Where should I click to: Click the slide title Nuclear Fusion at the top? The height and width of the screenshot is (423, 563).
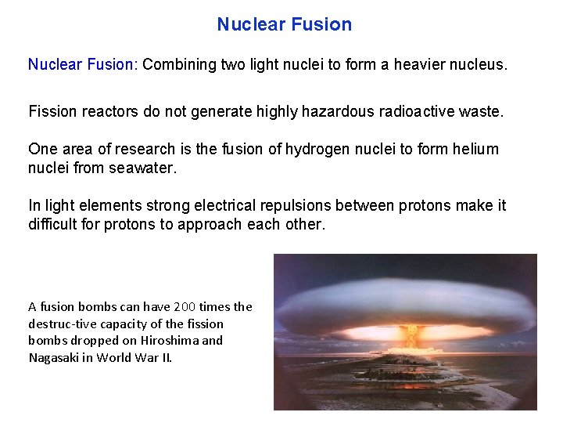285,24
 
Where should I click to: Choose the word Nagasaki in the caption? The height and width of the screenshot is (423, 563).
55,357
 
